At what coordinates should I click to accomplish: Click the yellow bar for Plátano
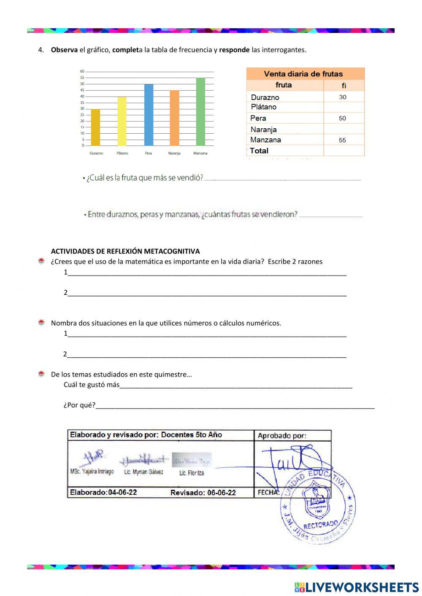122,121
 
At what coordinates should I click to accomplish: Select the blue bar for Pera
149,115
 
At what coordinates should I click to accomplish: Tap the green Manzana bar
200,112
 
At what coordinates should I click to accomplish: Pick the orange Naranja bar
174,118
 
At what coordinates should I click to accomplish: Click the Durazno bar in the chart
96,127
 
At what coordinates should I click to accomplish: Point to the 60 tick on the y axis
82,71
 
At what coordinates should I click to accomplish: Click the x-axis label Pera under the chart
149,153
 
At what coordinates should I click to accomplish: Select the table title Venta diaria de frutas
303,74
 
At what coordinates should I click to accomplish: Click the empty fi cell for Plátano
344,107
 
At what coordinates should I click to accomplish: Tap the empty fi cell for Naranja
344,129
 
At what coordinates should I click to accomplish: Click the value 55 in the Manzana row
342,140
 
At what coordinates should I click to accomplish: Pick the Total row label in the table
259,151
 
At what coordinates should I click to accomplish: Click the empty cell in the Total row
344,151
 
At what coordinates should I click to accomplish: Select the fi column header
344,86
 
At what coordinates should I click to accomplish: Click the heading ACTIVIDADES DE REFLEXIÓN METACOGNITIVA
125,251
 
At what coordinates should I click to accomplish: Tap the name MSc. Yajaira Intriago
92,472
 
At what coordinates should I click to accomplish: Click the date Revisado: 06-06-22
203,493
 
